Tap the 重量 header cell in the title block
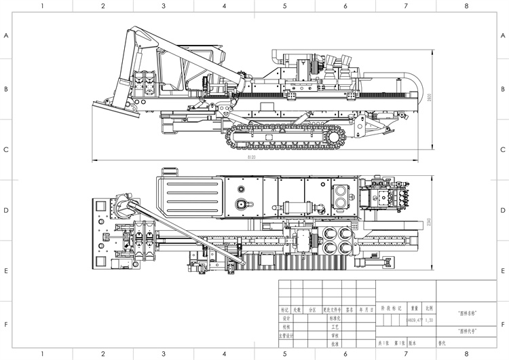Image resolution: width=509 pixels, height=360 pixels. pos(413,308)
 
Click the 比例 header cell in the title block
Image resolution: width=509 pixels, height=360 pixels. pos(429,308)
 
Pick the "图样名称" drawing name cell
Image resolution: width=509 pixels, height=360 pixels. pos(468,313)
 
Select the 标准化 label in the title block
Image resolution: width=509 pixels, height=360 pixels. pos(334,317)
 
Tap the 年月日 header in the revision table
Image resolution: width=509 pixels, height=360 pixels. pos(366,308)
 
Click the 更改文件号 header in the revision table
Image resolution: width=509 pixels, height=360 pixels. pos(332,308)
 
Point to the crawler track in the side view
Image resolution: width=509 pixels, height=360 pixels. pos(286,135)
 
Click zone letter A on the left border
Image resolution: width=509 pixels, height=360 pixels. pos(7,36)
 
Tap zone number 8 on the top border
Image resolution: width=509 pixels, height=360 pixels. pos(466,5)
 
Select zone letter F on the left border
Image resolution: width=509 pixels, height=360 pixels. pos(7,325)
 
